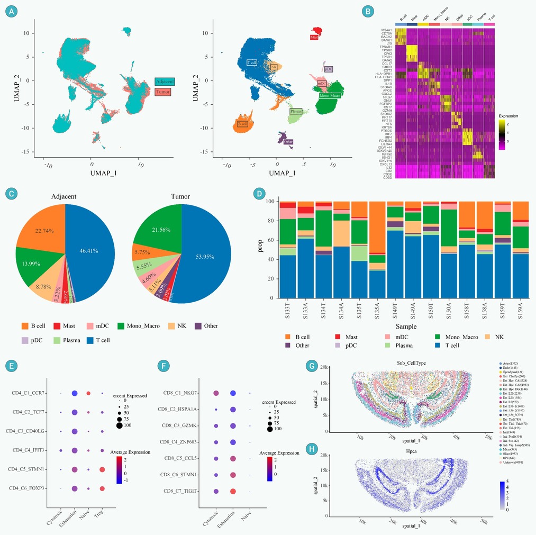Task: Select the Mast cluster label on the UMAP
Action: (x=314, y=38)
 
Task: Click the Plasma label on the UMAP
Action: (x=296, y=111)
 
